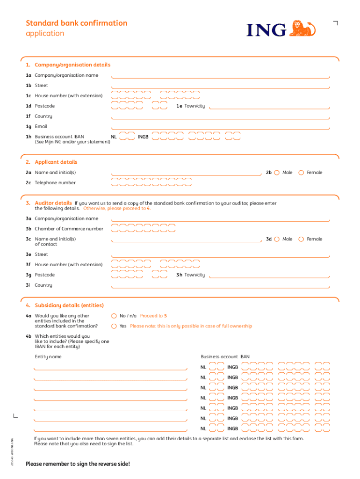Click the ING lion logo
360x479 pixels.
click(302, 29)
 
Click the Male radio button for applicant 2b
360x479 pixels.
click(277, 173)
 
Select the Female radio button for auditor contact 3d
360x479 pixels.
click(301, 239)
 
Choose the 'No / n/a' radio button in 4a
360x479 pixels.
click(114, 316)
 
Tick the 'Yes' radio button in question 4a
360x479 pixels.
click(114, 326)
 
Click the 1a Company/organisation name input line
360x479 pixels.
click(220, 76)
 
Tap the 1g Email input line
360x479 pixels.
click(220, 127)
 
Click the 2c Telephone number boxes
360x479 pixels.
click(152, 182)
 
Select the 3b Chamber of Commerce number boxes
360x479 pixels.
click(144, 228)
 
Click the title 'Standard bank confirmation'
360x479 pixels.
click(76, 23)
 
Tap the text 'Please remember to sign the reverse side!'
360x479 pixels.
click(78, 464)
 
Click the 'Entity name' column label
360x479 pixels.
click(48, 357)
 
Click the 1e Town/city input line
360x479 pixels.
click(270, 107)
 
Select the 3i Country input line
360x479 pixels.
click(220, 286)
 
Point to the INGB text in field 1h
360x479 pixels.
click(143, 137)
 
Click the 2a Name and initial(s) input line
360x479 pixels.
click(186, 173)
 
